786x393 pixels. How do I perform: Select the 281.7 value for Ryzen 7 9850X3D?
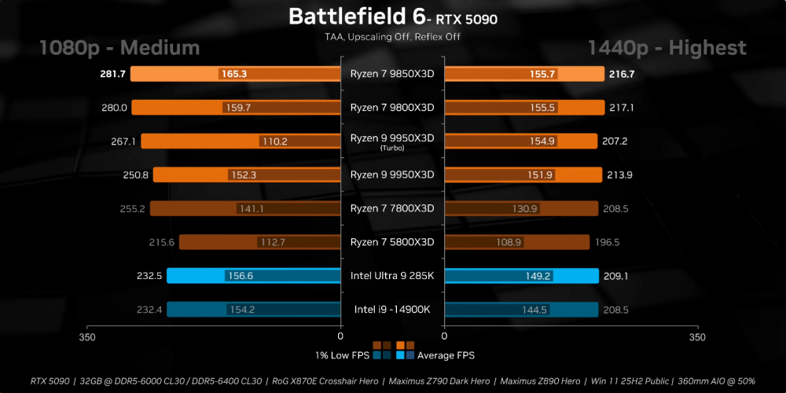(x=112, y=74)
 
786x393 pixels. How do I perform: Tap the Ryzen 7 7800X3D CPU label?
(x=392, y=208)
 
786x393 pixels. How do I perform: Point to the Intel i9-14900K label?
(x=392, y=310)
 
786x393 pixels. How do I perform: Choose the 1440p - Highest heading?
(x=667, y=48)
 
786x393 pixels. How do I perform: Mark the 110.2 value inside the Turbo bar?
(x=274, y=141)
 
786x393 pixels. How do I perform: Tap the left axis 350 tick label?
(x=87, y=337)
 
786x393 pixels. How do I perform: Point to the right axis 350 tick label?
(x=696, y=337)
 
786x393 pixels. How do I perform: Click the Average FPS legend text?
(x=446, y=355)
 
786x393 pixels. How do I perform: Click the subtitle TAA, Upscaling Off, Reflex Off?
(x=392, y=36)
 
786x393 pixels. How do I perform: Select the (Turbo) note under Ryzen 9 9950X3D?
(x=392, y=148)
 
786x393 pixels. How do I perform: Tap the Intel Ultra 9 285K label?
(x=392, y=276)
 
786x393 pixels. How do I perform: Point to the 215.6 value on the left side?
(x=160, y=242)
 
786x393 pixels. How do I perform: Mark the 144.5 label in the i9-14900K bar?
(x=534, y=310)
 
